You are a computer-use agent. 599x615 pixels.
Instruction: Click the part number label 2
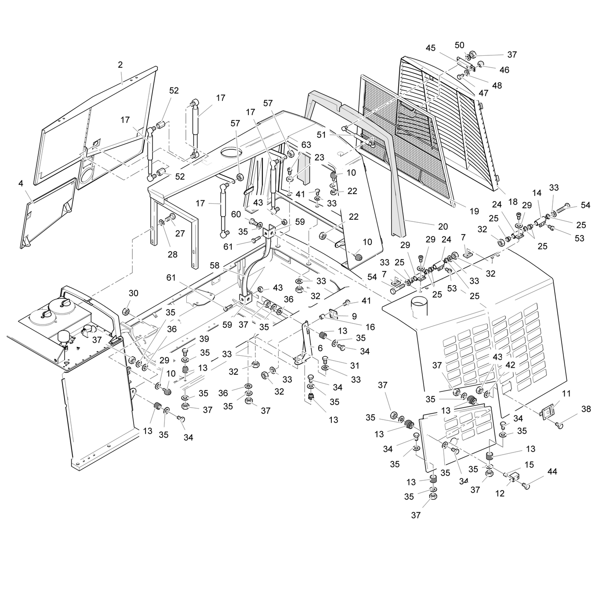[120, 65]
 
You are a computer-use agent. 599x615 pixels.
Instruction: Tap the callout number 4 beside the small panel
[21, 183]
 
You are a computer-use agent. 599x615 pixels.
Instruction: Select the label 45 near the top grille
[431, 48]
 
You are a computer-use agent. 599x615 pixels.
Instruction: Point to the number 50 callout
[459, 45]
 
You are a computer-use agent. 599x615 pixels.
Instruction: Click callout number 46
[504, 70]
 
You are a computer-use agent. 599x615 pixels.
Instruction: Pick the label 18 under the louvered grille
[513, 202]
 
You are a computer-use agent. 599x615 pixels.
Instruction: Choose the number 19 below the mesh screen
[474, 211]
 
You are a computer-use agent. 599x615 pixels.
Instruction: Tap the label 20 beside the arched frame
[443, 226]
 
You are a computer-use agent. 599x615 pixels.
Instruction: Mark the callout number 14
[537, 193]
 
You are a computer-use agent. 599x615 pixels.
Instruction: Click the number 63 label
[306, 145]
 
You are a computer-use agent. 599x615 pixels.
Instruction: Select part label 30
[134, 293]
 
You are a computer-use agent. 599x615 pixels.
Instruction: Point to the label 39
[204, 339]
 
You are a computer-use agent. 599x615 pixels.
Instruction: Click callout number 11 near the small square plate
[566, 394]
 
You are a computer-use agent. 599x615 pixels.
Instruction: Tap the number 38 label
[586, 409]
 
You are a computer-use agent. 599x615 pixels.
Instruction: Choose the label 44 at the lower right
[552, 471]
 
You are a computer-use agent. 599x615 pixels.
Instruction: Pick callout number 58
[214, 266]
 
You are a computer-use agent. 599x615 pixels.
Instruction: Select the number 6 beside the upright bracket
[320, 348]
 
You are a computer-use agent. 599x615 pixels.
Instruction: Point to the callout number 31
[354, 365]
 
